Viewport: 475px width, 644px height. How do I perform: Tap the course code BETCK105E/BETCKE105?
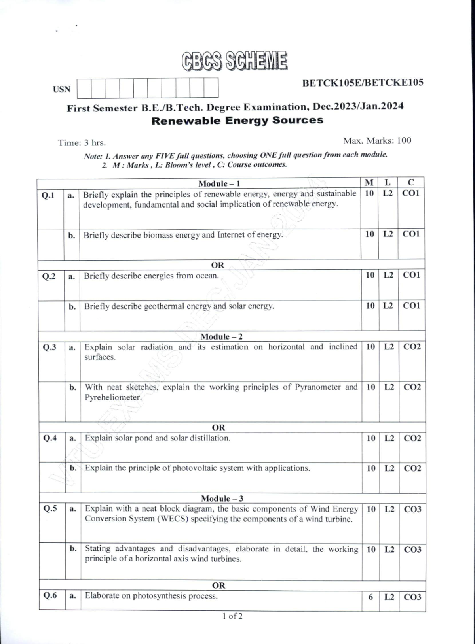click(x=363, y=83)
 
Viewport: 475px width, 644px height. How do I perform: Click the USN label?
click(x=62, y=89)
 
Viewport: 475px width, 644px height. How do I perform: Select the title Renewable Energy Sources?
click(x=237, y=120)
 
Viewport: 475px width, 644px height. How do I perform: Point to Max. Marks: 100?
click(x=377, y=140)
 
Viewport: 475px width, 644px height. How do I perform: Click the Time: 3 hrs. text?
click(x=82, y=143)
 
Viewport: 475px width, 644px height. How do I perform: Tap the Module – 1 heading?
click(x=219, y=183)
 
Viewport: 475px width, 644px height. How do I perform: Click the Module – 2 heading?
click(x=221, y=336)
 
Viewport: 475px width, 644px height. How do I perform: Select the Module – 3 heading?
click(x=222, y=499)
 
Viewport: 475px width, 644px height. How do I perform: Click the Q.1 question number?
click(x=48, y=195)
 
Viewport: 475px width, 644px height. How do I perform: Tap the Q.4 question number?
click(x=50, y=438)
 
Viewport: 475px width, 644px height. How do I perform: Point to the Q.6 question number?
click(x=50, y=595)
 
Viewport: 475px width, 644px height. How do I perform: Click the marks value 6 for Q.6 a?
click(x=370, y=597)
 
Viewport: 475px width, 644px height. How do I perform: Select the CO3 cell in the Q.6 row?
click(x=412, y=597)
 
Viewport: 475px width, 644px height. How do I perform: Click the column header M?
click(x=369, y=182)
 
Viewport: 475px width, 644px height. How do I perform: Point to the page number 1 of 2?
click(x=233, y=616)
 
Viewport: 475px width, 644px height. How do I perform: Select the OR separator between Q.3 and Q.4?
click(x=218, y=427)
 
